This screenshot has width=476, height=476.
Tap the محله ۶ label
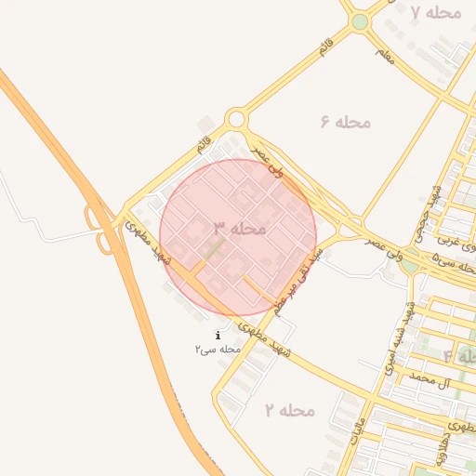(345, 123)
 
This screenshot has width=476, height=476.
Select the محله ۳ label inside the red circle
(240, 228)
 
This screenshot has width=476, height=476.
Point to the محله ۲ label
(289, 410)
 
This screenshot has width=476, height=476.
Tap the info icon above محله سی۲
(218, 335)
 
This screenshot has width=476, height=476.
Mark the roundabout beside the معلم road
(360, 21)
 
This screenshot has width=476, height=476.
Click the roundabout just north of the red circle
(236, 119)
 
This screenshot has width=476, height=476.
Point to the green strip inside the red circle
(214, 249)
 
